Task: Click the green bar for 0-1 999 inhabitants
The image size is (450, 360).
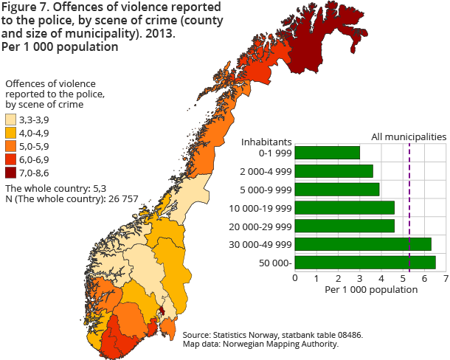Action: click(x=327, y=153)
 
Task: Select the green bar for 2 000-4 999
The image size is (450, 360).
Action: click(x=333, y=171)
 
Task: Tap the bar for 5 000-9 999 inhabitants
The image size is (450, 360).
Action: click(x=336, y=190)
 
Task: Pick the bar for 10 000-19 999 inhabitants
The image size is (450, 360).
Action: click(x=345, y=207)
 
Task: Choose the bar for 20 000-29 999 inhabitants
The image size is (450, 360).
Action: click(x=345, y=226)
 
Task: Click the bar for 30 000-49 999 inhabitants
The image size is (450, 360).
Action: click(x=362, y=244)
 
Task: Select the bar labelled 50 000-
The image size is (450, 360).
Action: click(x=364, y=262)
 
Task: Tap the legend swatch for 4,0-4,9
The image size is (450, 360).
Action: click(x=10, y=134)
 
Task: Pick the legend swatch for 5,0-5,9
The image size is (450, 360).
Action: click(x=10, y=147)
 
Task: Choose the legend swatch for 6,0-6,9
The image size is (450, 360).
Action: click(x=10, y=160)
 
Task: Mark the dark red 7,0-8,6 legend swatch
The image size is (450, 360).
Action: click(x=10, y=173)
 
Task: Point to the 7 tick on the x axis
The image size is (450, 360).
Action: click(x=446, y=278)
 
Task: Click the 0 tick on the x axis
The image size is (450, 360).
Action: click(x=295, y=278)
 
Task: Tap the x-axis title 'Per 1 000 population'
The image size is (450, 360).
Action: click(x=370, y=290)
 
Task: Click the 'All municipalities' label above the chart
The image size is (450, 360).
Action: click(x=408, y=136)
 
